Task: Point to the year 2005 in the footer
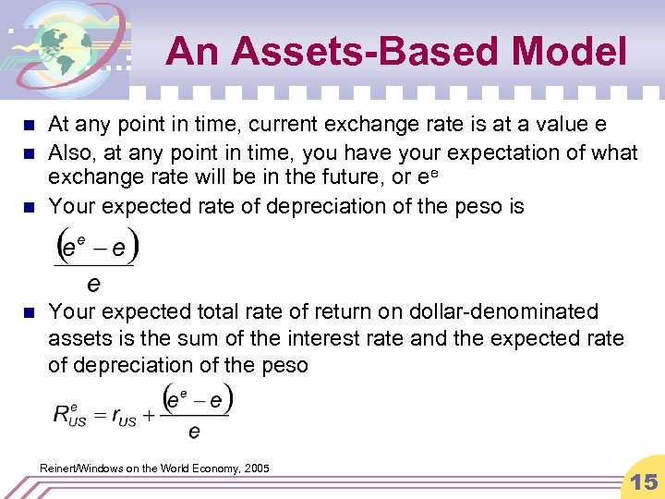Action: click(254, 469)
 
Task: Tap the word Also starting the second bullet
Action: click(70, 152)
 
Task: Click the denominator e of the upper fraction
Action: click(93, 280)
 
